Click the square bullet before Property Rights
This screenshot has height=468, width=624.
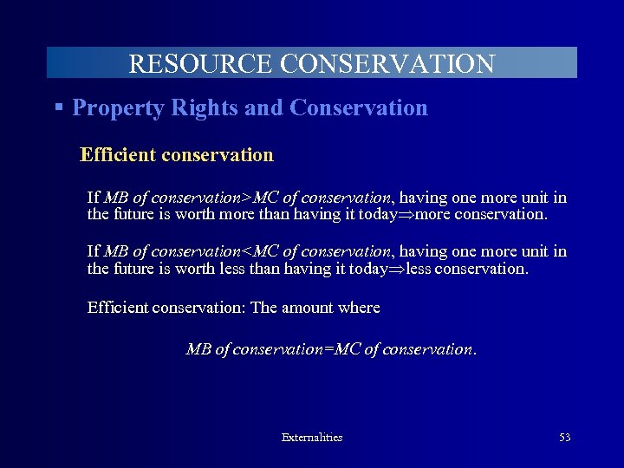[58, 107]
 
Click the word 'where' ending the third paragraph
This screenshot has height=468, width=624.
[361, 308]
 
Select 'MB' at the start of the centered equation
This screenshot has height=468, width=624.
[198, 349]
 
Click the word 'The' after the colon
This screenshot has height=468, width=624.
[264, 308]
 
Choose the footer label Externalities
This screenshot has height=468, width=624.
[312, 438]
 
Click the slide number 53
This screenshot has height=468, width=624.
[565, 438]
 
